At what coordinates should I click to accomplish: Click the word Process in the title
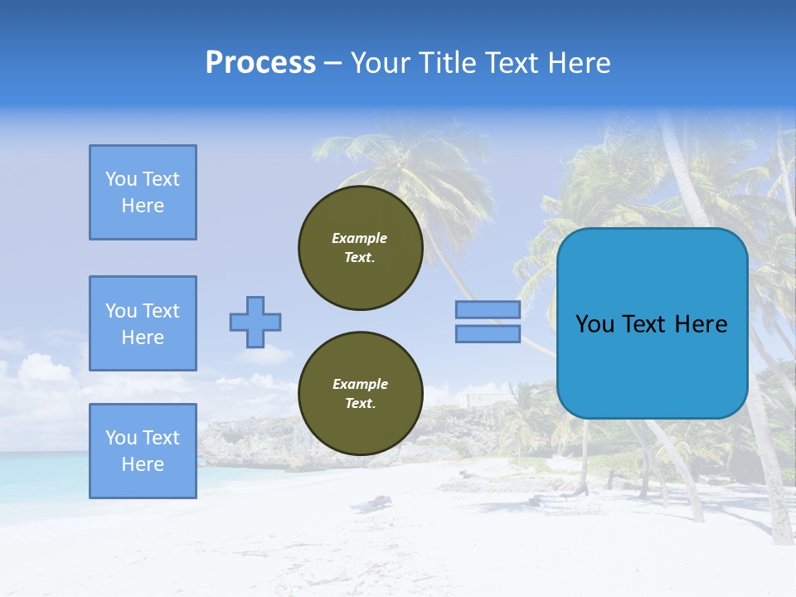tap(260, 63)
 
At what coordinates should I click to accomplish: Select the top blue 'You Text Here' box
tap(143, 192)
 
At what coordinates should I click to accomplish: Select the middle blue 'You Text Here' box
tap(143, 323)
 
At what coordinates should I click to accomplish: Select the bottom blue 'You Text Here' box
tap(143, 451)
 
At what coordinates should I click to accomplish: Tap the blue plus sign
tap(255, 322)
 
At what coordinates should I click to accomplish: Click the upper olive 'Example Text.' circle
tap(360, 248)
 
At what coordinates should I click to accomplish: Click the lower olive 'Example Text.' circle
tap(360, 394)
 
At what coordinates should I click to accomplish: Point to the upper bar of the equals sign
tap(488, 310)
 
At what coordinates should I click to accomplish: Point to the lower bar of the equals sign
tap(488, 334)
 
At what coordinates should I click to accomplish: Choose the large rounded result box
tap(652, 323)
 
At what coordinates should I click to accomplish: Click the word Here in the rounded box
tap(701, 324)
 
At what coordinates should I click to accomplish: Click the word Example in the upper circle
tap(359, 238)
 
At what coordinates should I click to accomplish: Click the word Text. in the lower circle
tap(360, 404)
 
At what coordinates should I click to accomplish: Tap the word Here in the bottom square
tap(143, 464)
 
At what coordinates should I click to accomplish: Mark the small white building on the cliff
tap(480, 400)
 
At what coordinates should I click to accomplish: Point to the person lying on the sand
tap(373, 502)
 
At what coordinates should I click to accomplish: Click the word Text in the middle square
tap(161, 311)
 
